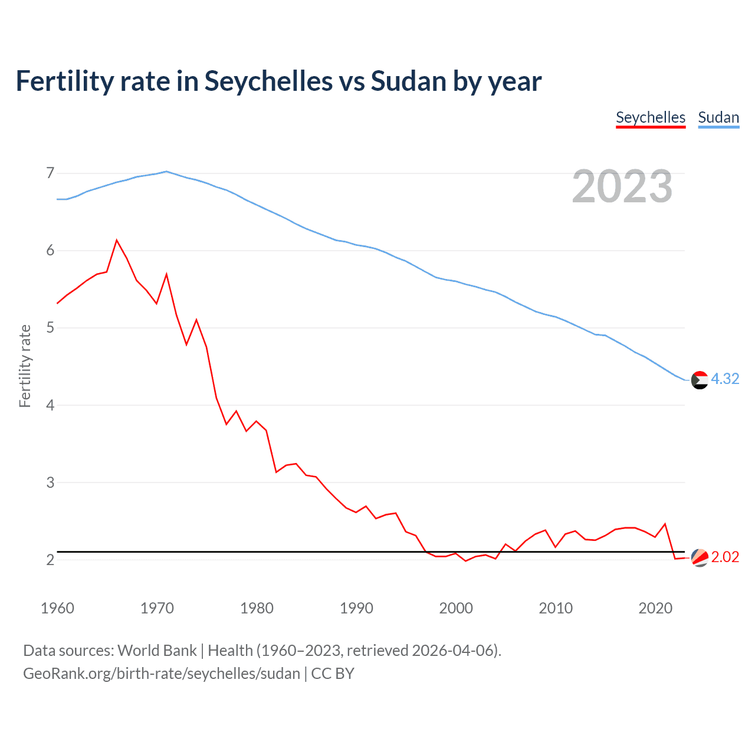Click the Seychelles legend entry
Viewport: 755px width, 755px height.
point(650,117)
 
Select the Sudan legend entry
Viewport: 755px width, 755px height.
point(718,117)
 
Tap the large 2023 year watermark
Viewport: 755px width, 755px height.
point(622,186)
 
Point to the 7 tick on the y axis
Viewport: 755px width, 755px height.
point(50,173)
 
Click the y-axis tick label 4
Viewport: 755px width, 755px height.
point(50,405)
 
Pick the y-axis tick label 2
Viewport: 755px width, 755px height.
point(50,560)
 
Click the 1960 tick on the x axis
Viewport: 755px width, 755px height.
point(57,608)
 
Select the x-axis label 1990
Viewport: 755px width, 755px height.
point(356,608)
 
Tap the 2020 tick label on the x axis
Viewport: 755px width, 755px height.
point(655,608)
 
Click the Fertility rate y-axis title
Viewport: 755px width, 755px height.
point(25,366)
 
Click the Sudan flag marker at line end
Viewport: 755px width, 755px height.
point(699,380)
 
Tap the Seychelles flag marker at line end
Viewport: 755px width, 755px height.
point(699,557)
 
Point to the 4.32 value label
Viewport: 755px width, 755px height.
point(725,379)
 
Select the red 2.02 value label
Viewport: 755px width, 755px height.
point(725,557)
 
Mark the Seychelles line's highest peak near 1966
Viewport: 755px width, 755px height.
point(117,240)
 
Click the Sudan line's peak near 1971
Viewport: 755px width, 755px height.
point(166,172)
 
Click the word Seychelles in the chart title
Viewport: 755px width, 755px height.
point(268,81)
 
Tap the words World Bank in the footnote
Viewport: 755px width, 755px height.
point(157,651)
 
